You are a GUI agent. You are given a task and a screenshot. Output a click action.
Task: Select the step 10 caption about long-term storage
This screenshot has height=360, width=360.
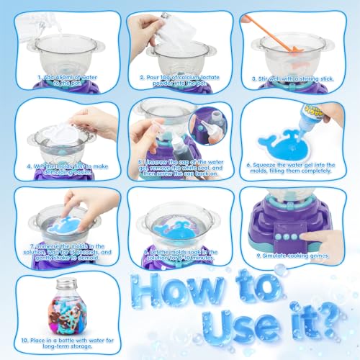click(x=65, y=347)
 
